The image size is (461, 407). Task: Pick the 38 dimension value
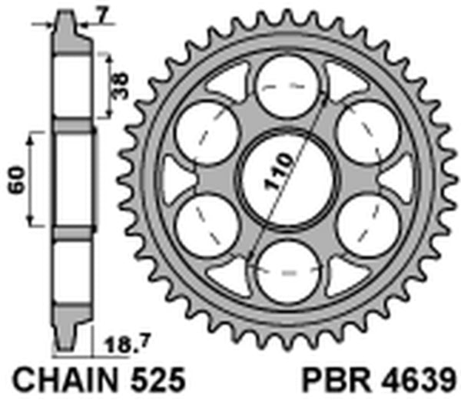pos(118,79)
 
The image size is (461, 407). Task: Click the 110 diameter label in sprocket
pos(278,174)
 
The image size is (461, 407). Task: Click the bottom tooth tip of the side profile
pos(66,347)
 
